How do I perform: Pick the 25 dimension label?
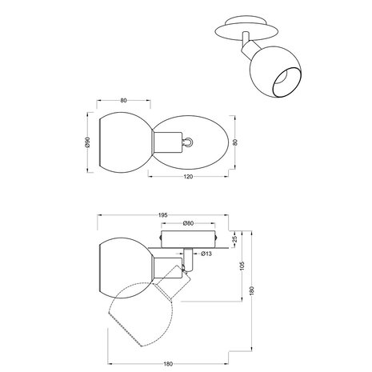235,238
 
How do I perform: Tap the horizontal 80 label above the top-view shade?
123,102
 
